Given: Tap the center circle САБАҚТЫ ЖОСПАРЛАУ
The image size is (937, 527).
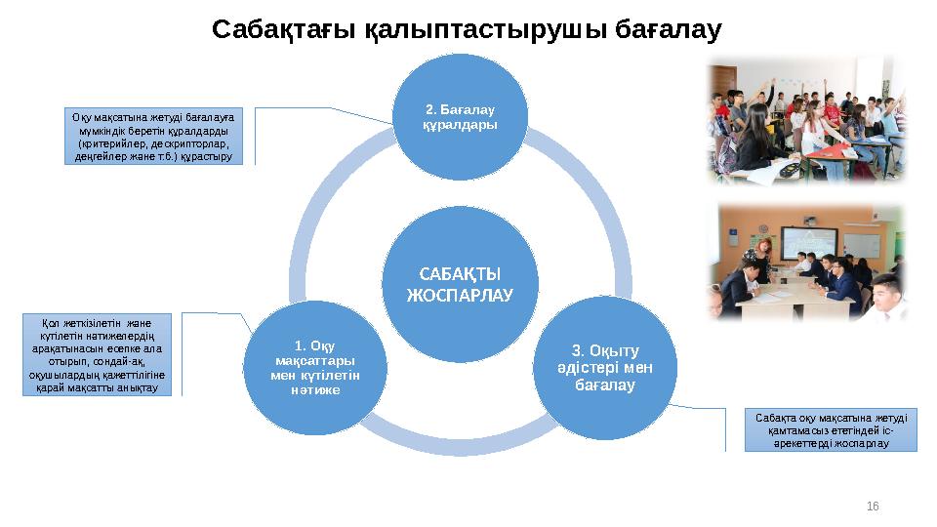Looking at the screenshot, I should point(460,282).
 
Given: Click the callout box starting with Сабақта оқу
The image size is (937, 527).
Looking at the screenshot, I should point(831,430).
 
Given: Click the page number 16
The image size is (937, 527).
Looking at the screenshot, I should point(873,506).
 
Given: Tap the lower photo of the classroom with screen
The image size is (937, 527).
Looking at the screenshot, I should point(807,263).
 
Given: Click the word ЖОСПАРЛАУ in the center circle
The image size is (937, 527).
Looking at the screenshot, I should point(460,294).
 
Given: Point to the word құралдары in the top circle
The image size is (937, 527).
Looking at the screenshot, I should point(460,125).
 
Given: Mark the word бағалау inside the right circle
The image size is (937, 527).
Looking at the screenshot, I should point(605,385).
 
